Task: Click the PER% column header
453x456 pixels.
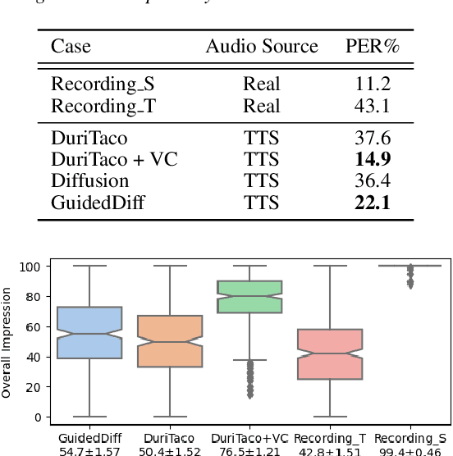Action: pos(373,46)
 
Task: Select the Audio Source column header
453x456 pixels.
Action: pos(262,46)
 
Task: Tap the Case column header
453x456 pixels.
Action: pos(71,46)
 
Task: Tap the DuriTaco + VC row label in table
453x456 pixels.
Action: pos(114,159)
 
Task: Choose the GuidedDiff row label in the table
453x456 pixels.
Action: pos(98,203)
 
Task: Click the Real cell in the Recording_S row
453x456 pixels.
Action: pos(262,84)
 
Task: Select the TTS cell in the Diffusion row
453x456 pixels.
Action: pos(262,180)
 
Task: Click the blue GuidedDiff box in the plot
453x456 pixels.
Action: pos(88,332)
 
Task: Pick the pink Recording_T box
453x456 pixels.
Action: pos(329,353)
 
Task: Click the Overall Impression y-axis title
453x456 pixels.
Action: pos(7,341)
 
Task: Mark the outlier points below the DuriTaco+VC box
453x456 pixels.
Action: pos(249,379)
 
